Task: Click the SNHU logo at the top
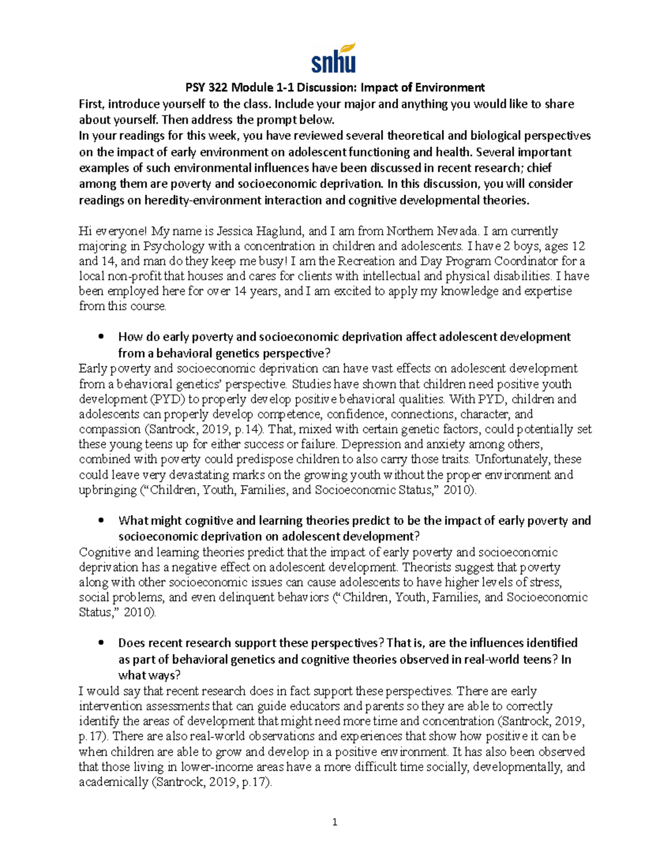[334, 58]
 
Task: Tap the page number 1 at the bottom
[335, 822]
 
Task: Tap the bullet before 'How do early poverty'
[101, 337]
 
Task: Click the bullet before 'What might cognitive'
[101, 521]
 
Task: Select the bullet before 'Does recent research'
[101, 643]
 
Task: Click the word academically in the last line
[114, 782]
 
